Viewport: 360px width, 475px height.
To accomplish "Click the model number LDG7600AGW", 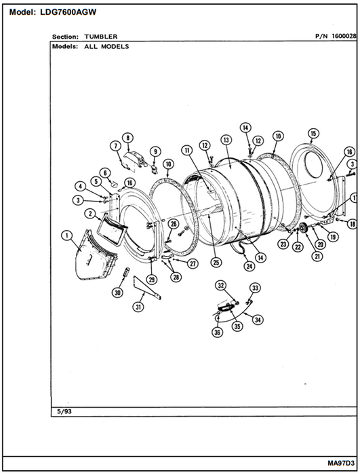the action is point(68,12).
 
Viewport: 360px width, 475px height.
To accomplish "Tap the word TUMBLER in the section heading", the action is point(101,37).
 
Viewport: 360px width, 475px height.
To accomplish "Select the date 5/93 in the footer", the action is point(64,412).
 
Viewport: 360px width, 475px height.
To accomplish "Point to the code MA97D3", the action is point(340,463).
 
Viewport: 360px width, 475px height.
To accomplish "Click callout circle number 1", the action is point(67,235).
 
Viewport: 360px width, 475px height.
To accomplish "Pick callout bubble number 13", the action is point(226,140).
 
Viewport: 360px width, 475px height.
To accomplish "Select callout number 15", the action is point(313,133).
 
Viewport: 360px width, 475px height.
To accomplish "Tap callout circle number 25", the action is point(216,262).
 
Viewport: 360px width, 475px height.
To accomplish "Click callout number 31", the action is point(138,307).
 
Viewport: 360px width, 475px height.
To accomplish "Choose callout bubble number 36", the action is point(218,332).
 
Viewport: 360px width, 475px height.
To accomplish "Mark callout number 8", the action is point(127,138).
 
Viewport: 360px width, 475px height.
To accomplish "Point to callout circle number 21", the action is point(317,256).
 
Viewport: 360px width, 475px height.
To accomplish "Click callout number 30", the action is point(117,292).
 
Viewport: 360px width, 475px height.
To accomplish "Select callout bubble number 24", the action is point(249,266).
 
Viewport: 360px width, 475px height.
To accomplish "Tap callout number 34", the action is point(258,320).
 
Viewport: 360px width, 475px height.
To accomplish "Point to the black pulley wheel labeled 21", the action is point(303,229).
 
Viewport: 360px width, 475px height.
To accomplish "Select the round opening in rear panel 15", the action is point(313,165).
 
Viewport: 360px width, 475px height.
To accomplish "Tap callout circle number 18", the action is point(352,224).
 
